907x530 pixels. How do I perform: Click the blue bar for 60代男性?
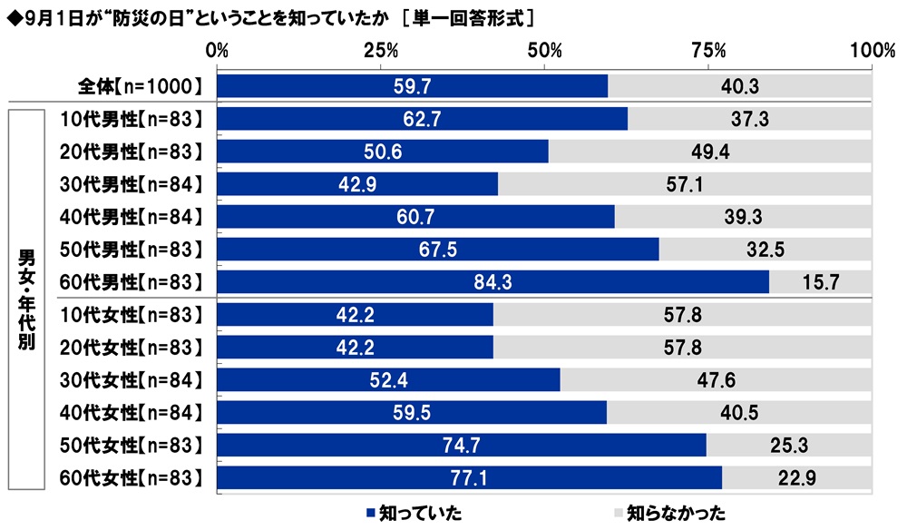click(493, 281)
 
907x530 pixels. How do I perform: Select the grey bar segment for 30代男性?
click(685, 184)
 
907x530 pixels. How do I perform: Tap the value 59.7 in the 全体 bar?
click(413, 86)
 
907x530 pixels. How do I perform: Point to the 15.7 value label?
click(821, 281)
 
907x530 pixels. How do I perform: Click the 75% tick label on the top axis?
click(708, 51)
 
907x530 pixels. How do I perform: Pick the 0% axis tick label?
click(217, 51)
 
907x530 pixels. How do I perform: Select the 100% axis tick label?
click(873, 51)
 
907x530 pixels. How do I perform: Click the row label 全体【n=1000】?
click(141, 86)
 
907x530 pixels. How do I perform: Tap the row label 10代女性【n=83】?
click(132, 315)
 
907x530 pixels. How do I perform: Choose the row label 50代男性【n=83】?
click(132, 250)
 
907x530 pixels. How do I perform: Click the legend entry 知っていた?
click(414, 513)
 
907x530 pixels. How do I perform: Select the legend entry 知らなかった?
click(669, 513)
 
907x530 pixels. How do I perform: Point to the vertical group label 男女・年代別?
click(26, 299)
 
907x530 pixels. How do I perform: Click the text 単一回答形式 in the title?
click(466, 18)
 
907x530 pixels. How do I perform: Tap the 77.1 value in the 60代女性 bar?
click(469, 478)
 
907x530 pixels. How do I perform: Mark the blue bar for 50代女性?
click(462, 445)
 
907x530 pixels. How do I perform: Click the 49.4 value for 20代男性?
click(710, 152)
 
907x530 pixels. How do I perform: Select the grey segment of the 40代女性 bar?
click(740, 413)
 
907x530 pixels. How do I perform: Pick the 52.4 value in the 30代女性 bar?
click(389, 380)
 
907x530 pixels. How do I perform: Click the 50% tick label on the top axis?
click(544, 51)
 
